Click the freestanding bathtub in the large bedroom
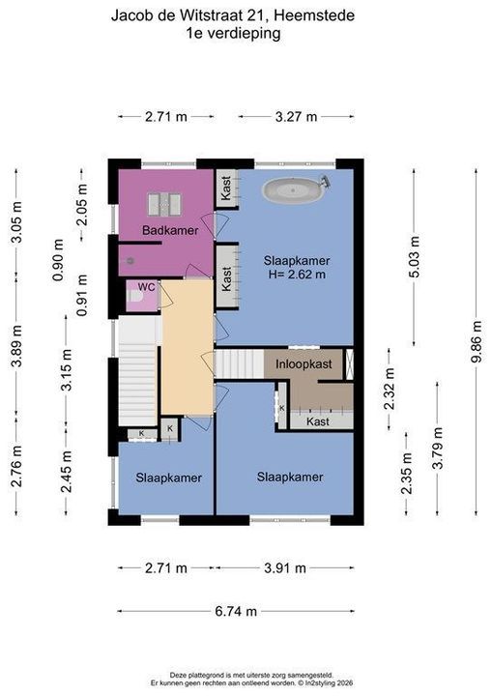click(297, 189)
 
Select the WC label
click(147, 287)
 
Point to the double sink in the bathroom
click(163, 204)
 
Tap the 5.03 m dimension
click(414, 256)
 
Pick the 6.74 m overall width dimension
click(237, 611)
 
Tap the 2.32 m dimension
click(390, 390)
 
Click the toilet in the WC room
click(134, 298)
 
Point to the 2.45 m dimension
click(66, 472)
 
